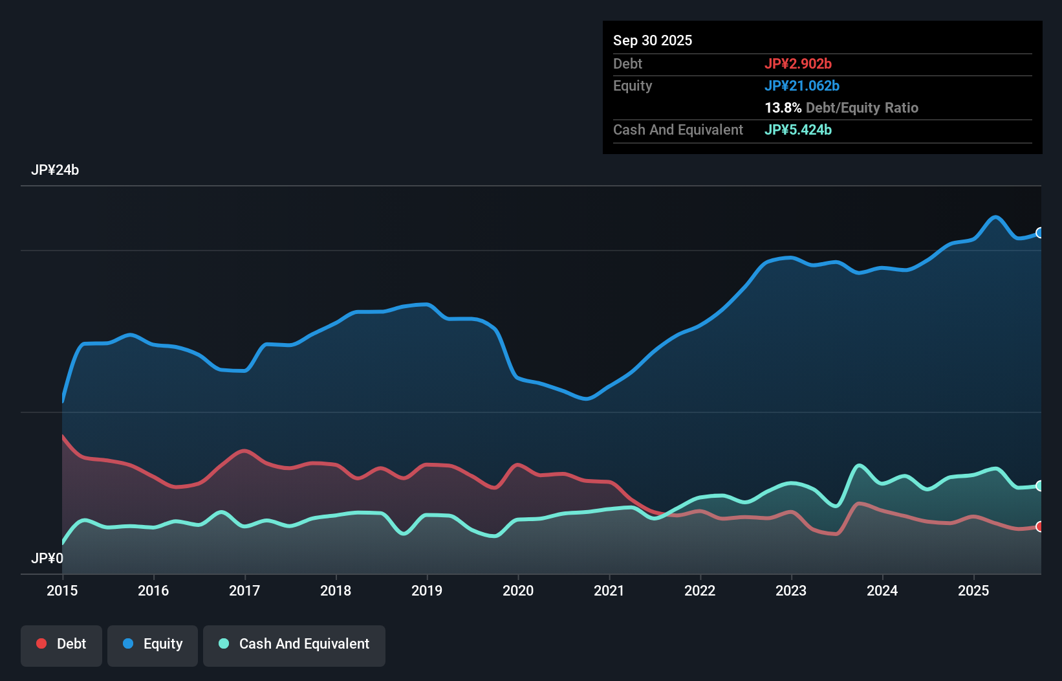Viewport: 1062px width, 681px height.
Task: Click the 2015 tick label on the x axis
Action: (x=62, y=590)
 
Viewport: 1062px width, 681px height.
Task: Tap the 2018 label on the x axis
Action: (x=336, y=590)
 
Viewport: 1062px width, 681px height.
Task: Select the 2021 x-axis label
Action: (x=609, y=590)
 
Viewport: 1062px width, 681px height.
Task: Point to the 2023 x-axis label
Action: (x=791, y=590)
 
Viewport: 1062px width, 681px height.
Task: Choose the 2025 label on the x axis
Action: (x=973, y=590)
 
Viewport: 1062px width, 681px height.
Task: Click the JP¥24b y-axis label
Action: (x=55, y=170)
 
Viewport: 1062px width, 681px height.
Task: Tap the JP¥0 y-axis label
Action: (x=47, y=558)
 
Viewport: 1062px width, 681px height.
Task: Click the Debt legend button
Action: (x=61, y=644)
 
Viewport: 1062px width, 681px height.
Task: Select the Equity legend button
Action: (x=153, y=644)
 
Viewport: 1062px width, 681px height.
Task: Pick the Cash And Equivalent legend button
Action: (x=294, y=644)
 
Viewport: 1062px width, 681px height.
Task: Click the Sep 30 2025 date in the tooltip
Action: (x=653, y=40)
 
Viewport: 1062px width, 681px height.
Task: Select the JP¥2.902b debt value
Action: (x=798, y=63)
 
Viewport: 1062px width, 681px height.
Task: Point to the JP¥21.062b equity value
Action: (x=802, y=85)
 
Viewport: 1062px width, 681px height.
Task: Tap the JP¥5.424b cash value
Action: (x=798, y=129)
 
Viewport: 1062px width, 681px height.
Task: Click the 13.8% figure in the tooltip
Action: (x=783, y=107)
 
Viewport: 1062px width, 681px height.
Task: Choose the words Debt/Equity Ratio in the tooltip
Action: (x=862, y=107)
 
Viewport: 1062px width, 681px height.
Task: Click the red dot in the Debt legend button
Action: (x=41, y=643)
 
